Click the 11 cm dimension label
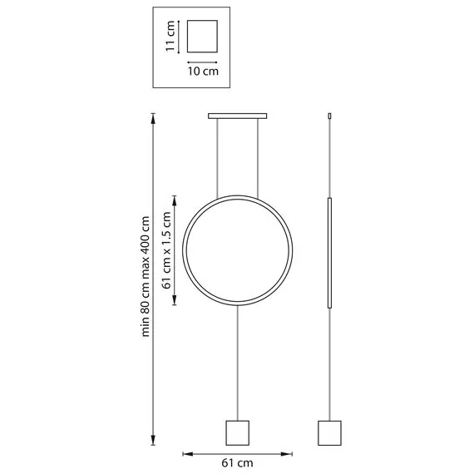coord(170,37)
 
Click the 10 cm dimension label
coord(203,72)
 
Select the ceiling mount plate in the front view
coord(237,116)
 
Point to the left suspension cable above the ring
coord(217,158)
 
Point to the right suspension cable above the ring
coord(258,158)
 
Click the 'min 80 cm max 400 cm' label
coord(146,276)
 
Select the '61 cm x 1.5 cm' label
coord(166,250)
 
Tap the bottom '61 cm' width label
coord(237,463)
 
